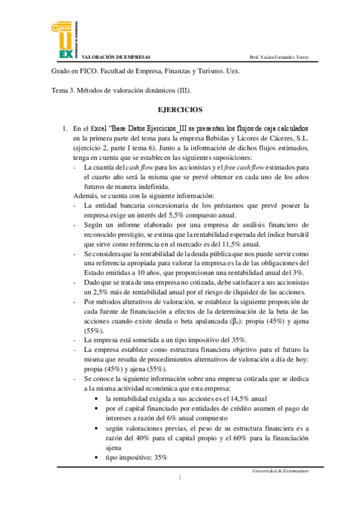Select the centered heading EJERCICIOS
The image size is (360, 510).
180,110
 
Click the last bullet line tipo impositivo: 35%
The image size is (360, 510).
136,458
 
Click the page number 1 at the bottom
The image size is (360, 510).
180,478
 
